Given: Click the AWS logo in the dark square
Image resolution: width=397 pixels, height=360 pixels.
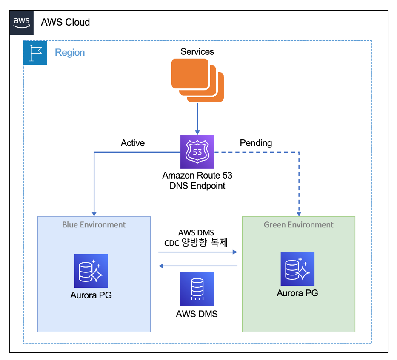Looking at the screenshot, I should click(22, 22).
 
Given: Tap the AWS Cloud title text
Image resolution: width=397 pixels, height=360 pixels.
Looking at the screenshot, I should click(65, 22).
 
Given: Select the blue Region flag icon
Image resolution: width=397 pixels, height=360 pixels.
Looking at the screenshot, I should click(35, 53).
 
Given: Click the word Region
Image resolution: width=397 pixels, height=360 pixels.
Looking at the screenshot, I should click(70, 53).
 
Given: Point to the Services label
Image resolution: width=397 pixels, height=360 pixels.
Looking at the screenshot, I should click(197, 52).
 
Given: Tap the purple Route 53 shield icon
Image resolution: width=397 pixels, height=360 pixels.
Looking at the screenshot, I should click(197, 152).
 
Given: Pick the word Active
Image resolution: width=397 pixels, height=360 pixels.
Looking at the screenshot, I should click(133, 143).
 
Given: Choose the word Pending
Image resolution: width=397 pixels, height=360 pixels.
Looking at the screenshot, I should click(256, 143).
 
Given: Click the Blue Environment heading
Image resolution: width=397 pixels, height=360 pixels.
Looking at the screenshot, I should click(94, 224).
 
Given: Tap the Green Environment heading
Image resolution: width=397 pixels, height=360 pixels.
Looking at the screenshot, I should click(299, 224).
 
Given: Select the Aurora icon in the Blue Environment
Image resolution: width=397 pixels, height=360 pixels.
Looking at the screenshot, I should click(91, 271).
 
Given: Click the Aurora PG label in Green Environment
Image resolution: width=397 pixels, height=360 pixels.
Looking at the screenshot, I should click(297, 293).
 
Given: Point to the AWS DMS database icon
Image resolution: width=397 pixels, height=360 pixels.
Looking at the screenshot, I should click(197, 289).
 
